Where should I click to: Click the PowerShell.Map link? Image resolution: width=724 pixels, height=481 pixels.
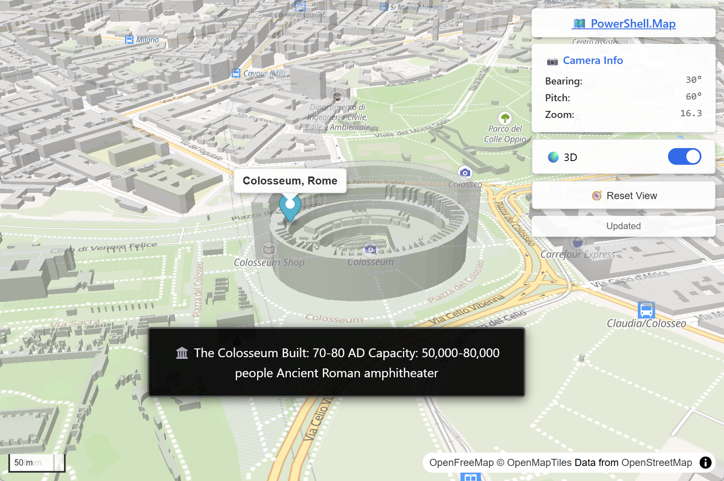click(x=624, y=24)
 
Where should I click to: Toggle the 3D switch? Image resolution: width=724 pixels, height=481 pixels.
click(x=684, y=157)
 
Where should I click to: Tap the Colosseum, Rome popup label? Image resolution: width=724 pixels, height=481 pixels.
click(x=290, y=181)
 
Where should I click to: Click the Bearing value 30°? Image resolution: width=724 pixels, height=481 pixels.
click(x=693, y=80)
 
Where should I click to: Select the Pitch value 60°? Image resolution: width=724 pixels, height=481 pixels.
click(x=693, y=97)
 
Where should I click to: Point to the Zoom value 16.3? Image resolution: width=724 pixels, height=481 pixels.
click(x=691, y=113)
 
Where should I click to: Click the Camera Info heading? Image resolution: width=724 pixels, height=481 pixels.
click(x=592, y=61)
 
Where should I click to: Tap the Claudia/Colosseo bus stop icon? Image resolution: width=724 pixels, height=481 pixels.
click(x=646, y=310)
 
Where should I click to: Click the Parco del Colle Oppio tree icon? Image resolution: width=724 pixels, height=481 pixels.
click(x=505, y=118)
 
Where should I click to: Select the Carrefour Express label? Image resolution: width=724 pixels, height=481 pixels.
click(x=578, y=254)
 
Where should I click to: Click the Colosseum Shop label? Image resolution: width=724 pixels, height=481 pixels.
click(x=269, y=263)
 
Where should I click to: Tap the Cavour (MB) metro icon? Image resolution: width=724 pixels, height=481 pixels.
click(x=236, y=73)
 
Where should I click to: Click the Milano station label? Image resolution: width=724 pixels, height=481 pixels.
click(x=147, y=40)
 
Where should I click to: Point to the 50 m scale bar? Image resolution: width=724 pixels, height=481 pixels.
click(x=37, y=463)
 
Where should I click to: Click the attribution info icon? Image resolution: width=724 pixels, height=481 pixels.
click(x=705, y=463)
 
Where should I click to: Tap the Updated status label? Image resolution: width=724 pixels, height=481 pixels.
click(x=623, y=226)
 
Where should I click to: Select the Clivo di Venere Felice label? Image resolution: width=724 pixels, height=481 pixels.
click(x=103, y=248)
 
